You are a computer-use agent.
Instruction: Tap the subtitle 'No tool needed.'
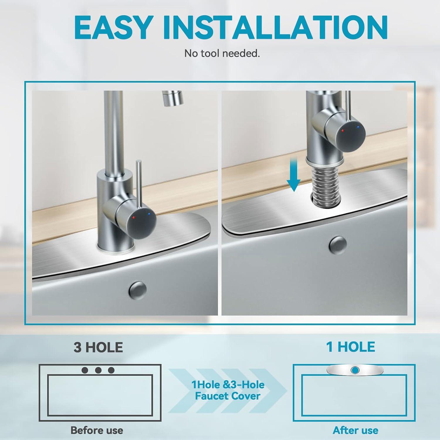coord(222,53)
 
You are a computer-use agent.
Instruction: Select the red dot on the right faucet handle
coord(343,130)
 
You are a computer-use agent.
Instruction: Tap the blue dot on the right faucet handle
coord(358,127)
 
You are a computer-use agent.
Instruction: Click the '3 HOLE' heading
coord(98,347)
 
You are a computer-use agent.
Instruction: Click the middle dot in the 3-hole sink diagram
coord(98,370)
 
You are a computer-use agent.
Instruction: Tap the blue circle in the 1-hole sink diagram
coord(355,370)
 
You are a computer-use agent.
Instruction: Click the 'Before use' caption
coord(97,430)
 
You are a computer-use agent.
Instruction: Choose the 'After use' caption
coord(356,430)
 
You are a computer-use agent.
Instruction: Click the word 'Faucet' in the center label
coord(210,396)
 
